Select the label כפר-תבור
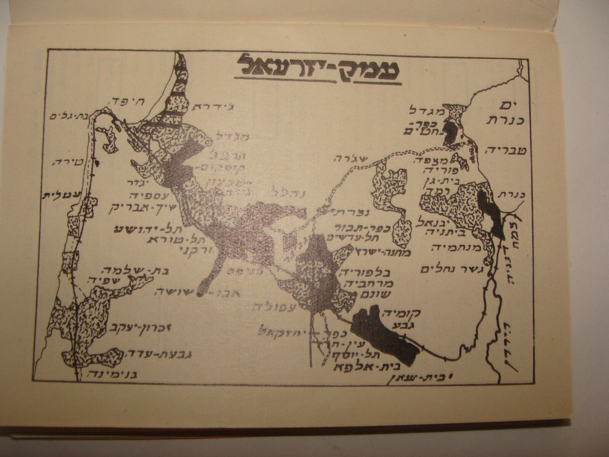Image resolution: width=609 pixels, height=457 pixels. (351, 228)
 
